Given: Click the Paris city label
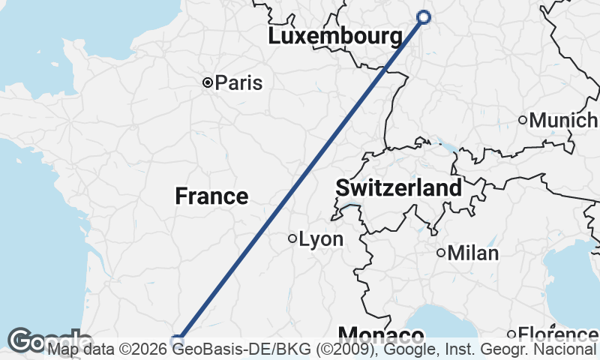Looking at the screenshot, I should tap(238, 83).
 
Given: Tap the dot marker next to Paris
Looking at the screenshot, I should tap(208, 83).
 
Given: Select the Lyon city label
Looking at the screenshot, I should tap(321, 240).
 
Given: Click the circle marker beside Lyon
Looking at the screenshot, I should tap(292, 239).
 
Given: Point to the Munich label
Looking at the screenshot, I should tap(563, 120).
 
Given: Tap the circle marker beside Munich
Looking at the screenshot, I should tap(523, 120).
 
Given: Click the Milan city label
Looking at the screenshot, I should tap(472, 253).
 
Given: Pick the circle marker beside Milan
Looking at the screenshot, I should tap(441, 253).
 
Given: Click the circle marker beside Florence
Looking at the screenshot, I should tap(511, 334).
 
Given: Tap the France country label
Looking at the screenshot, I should tap(211, 196).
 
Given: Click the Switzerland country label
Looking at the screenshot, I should tap(398, 188).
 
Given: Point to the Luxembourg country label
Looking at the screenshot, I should tap(334, 36).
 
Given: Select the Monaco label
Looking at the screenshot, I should tap(380, 334).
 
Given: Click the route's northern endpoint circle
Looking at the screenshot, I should tap(423, 17).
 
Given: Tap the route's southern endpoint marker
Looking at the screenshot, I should tap(178, 341).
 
